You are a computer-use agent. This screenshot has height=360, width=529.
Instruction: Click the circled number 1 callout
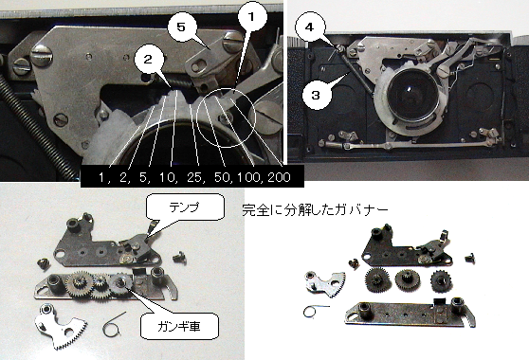(251, 16)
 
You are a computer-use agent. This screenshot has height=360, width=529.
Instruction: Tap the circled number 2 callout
(148, 60)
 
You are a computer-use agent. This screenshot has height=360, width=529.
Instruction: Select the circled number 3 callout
(316, 95)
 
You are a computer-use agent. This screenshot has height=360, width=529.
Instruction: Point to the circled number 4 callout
(309, 27)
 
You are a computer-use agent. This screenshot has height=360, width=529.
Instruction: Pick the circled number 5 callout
(181, 27)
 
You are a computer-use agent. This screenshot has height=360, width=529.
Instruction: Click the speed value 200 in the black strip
(279, 177)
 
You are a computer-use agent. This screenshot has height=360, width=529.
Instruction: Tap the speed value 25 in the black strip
(195, 177)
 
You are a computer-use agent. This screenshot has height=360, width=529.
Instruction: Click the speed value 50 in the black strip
(223, 177)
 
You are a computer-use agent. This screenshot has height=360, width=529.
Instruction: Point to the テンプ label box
(185, 207)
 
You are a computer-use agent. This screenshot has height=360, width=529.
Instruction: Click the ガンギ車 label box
(179, 326)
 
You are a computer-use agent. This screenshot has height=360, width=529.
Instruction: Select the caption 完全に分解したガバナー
(315, 210)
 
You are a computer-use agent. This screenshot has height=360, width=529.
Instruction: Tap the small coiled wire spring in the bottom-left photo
(114, 325)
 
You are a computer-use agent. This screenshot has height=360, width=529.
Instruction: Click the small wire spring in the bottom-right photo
(315, 310)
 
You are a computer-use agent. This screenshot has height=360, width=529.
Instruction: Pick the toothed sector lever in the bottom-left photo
(60, 326)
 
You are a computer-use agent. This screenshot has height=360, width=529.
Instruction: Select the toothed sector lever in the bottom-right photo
(324, 283)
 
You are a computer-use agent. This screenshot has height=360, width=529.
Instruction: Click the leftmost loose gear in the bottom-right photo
(375, 279)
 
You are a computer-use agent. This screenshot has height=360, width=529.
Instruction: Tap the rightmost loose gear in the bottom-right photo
(441, 280)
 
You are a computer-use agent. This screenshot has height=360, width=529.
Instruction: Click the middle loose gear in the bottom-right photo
(408, 279)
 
